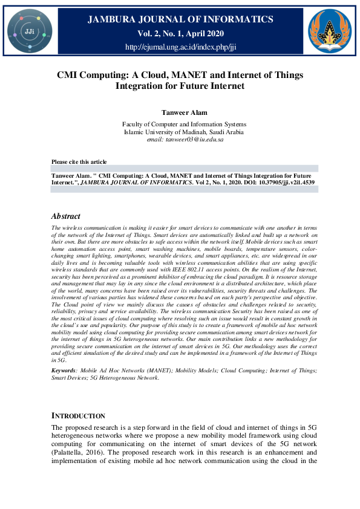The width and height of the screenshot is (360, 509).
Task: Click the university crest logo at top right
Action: pyautogui.click(x=330, y=30)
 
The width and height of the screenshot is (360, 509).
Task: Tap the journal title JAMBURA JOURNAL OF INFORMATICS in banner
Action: pyautogui.click(x=180, y=20)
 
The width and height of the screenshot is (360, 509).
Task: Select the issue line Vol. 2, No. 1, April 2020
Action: pyautogui.click(x=180, y=33)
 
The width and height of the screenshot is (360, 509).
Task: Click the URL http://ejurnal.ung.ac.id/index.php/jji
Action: pyautogui.click(x=180, y=47)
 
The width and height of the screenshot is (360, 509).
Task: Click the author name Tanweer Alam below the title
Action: pyautogui.click(x=180, y=112)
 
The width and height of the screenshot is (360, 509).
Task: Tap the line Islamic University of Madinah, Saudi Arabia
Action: pyautogui.click(x=180, y=132)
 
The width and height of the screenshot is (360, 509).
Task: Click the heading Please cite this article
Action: pyautogui.click(x=79, y=162)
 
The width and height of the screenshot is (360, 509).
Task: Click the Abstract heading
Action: pyautogui.click(x=65, y=216)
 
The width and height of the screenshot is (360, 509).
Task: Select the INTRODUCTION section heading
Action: pyautogui.click(x=78, y=416)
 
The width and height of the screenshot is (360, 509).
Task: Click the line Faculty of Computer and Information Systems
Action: pyautogui.click(x=180, y=125)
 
